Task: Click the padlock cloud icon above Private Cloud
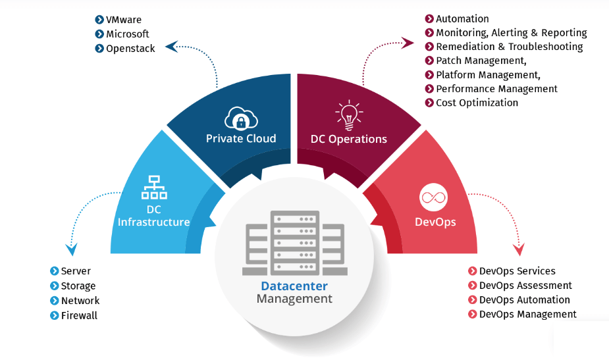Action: (240, 117)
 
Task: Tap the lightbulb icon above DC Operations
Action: (349, 115)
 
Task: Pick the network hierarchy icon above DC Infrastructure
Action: (153, 188)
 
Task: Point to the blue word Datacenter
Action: (294, 286)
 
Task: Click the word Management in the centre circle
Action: (294, 299)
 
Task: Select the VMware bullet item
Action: (123, 20)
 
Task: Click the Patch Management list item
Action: (481, 61)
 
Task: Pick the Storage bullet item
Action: (78, 286)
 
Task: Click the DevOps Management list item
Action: (527, 314)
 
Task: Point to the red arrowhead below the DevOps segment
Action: (519, 250)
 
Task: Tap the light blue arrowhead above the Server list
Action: (71, 249)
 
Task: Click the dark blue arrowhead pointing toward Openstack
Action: (171, 46)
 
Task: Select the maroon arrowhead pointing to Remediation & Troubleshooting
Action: (408, 43)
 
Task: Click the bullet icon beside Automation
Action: (429, 19)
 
